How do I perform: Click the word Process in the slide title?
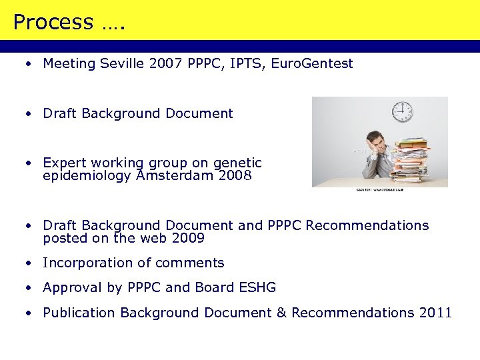53,23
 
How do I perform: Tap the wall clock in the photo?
402,112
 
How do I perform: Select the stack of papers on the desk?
412,158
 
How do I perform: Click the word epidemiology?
87,176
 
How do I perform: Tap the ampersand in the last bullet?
281,313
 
